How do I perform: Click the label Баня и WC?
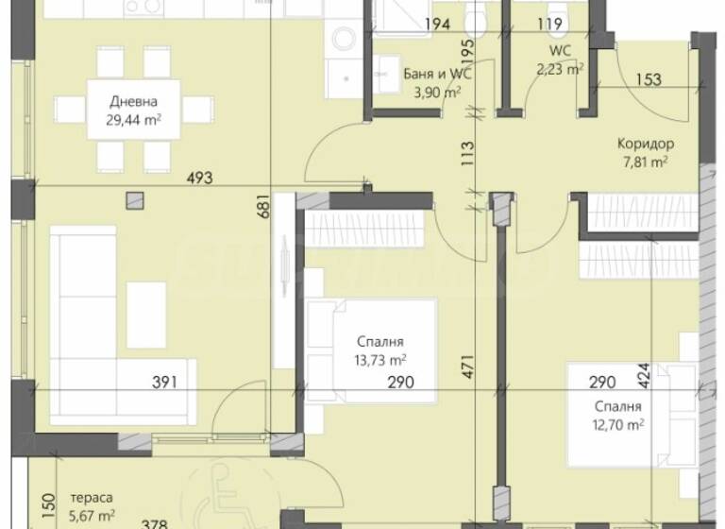tap(436, 74)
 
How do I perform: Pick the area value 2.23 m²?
tap(560, 67)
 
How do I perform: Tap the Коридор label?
tap(646, 144)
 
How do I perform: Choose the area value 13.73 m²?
tap(381, 359)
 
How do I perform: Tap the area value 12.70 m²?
tap(618, 424)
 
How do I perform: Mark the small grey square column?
tap(137, 199)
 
